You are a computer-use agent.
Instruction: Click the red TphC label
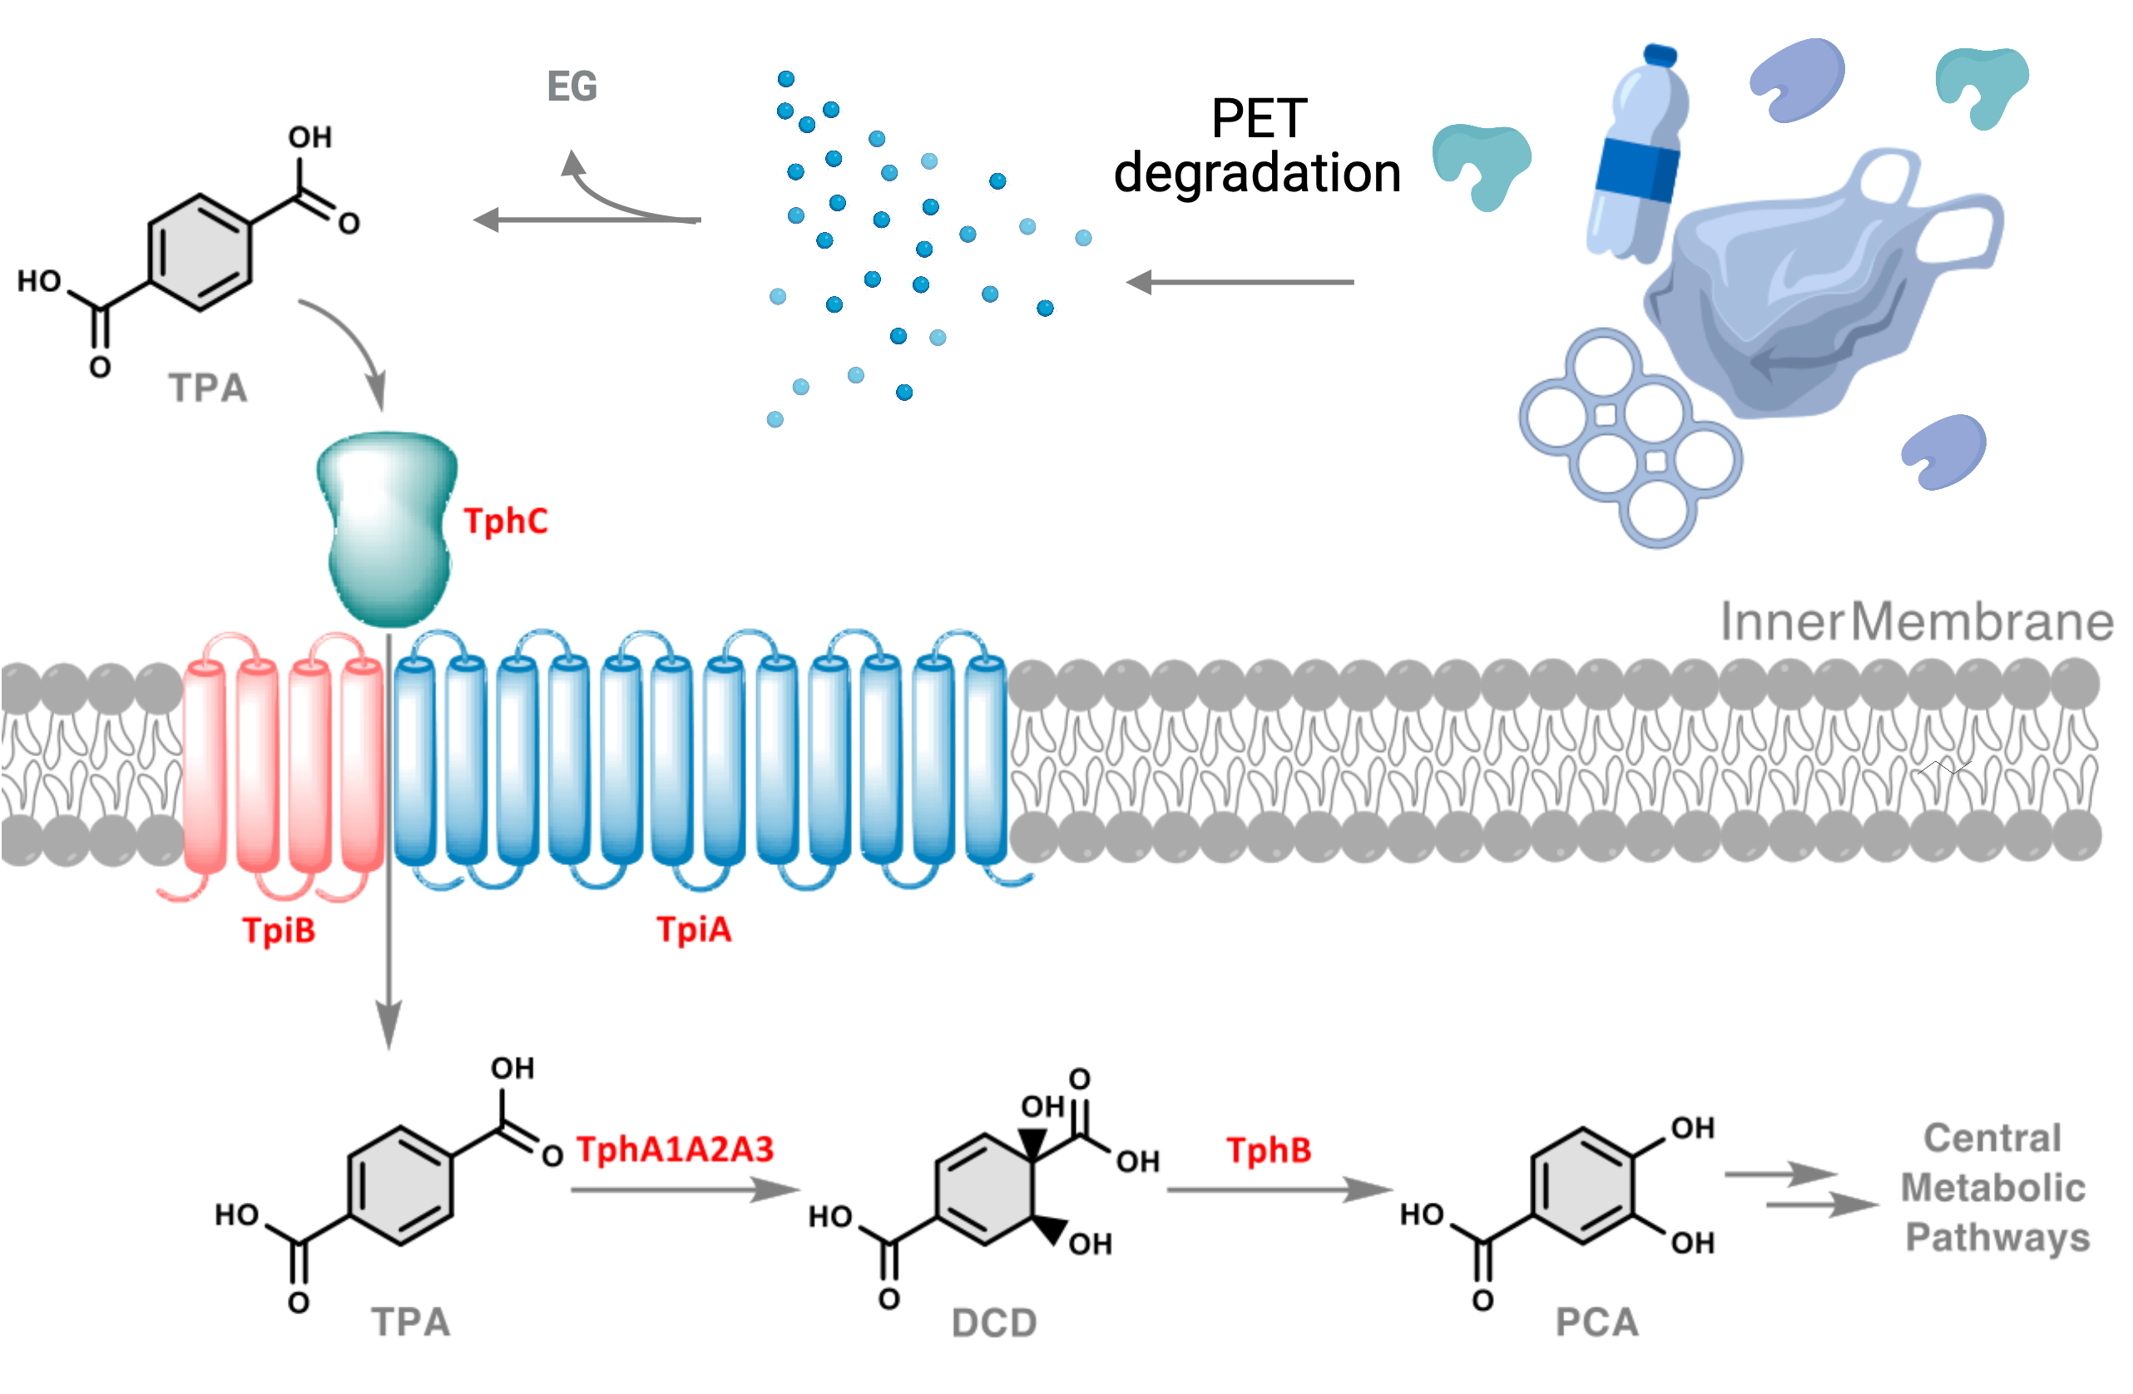(x=505, y=522)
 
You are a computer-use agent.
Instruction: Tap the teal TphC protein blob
(x=387, y=529)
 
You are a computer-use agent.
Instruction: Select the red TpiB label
(x=279, y=930)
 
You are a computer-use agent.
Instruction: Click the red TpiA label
(x=694, y=929)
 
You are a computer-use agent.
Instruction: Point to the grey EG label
(x=572, y=87)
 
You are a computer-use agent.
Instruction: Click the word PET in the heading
(x=1259, y=119)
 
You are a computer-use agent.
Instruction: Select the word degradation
(x=1256, y=173)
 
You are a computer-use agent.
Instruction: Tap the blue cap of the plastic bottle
(x=1660, y=56)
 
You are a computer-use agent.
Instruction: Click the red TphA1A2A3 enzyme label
(x=674, y=1149)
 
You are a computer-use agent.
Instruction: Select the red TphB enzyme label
(x=1268, y=1150)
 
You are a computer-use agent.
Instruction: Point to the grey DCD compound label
(x=993, y=1323)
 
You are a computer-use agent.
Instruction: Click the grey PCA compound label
(x=1596, y=1322)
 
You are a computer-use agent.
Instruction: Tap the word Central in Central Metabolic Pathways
(x=1992, y=1139)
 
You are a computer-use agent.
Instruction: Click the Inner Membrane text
(x=1916, y=622)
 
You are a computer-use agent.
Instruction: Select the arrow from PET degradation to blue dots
(x=1240, y=282)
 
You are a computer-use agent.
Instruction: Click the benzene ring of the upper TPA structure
(x=199, y=252)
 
